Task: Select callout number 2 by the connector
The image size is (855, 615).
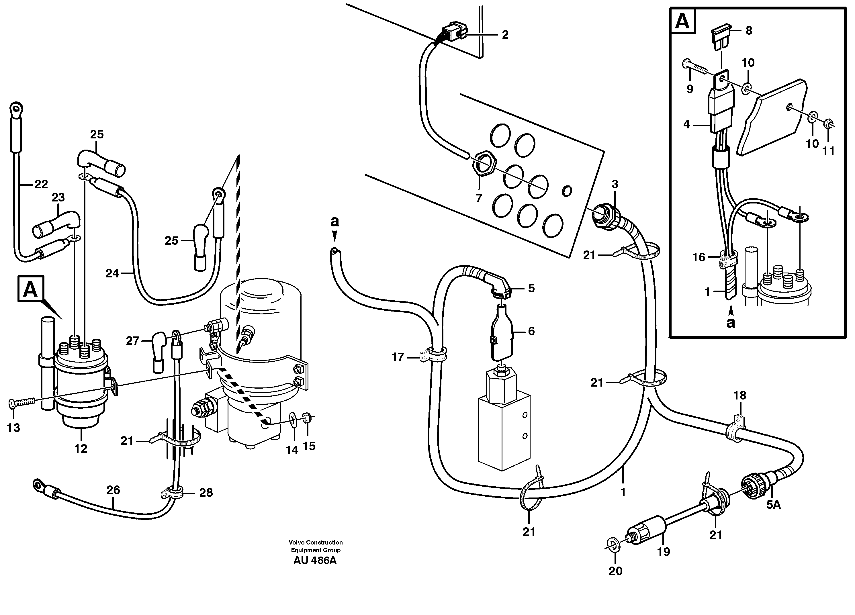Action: point(505,35)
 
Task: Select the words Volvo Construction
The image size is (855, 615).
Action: point(316,543)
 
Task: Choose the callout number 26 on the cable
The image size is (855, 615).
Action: point(113,490)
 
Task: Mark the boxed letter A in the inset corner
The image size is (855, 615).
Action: point(682,21)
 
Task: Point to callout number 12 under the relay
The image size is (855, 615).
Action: point(81,448)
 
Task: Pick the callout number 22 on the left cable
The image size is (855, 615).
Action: point(41,184)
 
